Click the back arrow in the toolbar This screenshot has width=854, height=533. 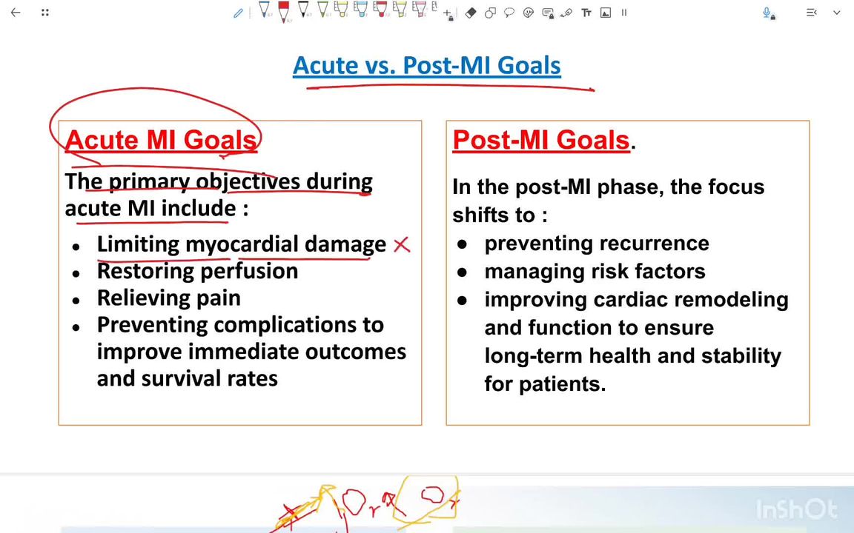[16, 13]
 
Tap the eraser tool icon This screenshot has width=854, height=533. [471, 13]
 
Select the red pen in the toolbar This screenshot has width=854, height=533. [283, 11]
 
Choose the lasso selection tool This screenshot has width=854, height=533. [509, 13]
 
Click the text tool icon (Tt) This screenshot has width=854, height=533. [586, 13]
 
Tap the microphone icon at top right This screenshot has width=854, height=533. [768, 13]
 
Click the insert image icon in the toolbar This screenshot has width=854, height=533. [606, 13]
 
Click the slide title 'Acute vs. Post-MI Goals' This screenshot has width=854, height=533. [426, 65]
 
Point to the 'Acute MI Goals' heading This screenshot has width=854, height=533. [161, 140]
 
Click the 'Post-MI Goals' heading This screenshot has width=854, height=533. [540, 140]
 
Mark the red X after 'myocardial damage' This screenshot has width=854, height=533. [401, 245]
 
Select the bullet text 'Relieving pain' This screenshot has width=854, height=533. [168, 298]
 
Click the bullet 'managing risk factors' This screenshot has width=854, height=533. [595, 271]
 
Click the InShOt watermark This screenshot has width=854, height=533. [796, 509]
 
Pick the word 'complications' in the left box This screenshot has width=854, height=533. [277, 325]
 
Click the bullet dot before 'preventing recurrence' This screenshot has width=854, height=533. [463, 244]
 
